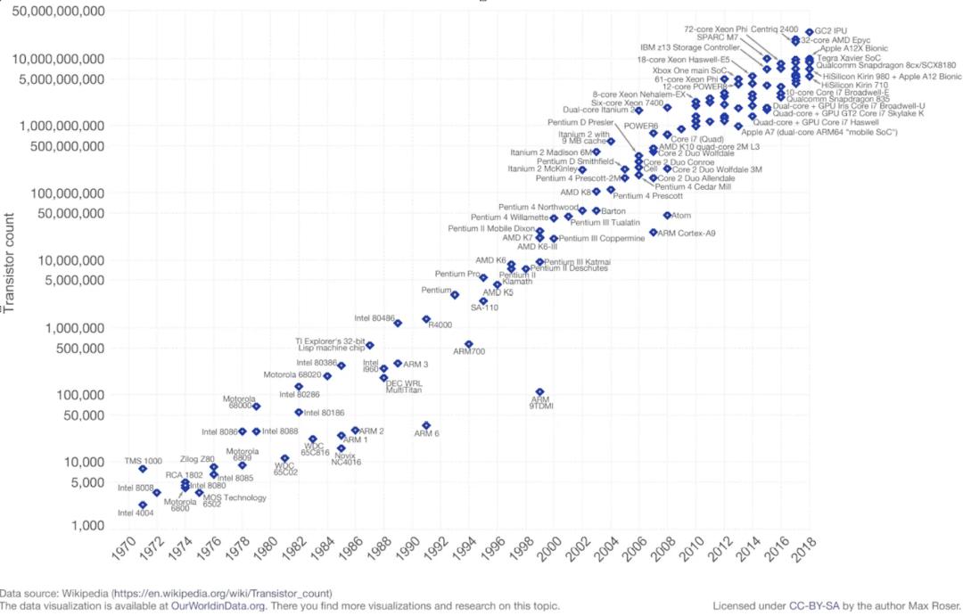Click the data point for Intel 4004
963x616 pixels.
[x=143, y=505]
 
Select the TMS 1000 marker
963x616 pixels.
[x=143, y=469]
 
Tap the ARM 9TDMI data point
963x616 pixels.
[x=539, y=392]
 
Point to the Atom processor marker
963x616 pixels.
[x=667, y=215]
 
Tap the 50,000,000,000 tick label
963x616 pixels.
[x=56, y=12]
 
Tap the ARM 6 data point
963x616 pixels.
[x=426, y=425]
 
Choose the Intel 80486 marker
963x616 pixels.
[x=398, y=323]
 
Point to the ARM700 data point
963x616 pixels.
[x=468, y=344]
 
